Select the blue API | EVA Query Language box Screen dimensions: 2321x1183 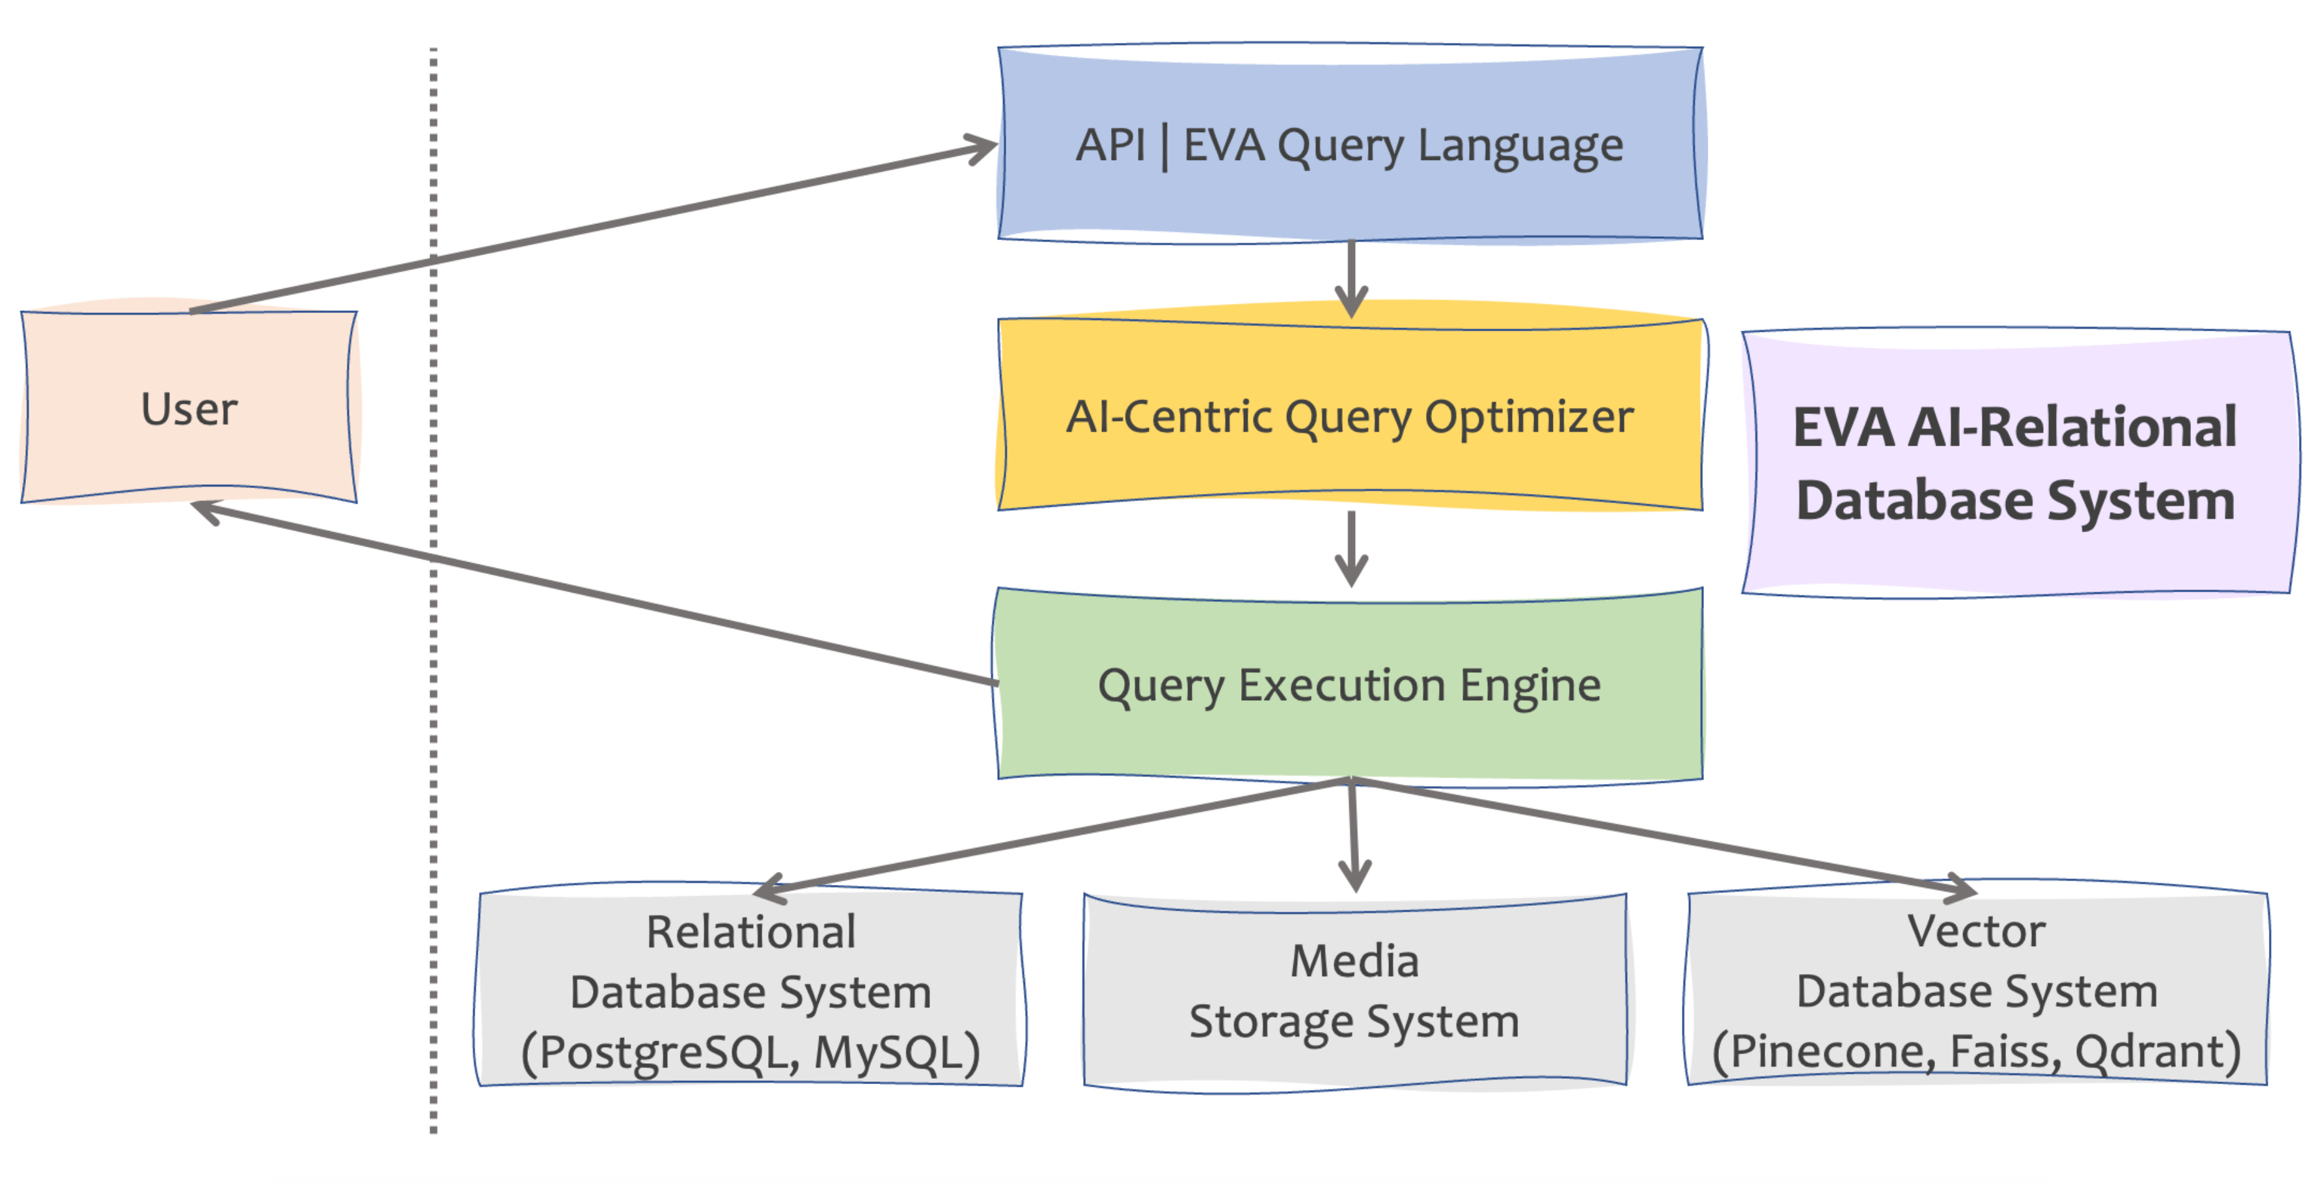[1350, 144]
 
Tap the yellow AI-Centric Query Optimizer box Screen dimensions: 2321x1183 [1350, 415]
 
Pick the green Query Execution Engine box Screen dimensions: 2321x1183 [1350, 685]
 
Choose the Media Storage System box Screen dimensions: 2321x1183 [1354, 992]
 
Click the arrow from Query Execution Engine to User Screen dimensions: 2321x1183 [595, 593]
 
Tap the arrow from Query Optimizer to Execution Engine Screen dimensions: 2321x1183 [1351, 549]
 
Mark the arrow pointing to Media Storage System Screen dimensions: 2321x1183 [1353, 834]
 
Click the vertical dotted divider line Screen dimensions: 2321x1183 [433, 590]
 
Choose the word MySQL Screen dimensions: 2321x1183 [888, 1052]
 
